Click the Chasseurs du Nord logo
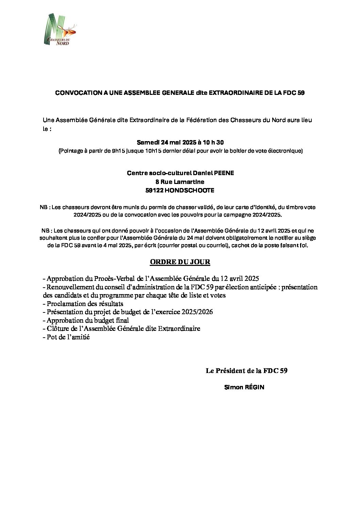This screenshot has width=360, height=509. pyautogui.click(x=60, y=30)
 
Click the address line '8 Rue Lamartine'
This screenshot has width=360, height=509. pyautogui.click(x=180, y=182)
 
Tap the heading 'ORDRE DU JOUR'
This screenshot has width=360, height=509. pyautogui.click(x=180, y=262)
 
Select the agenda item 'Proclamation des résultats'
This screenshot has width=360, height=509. pyautogui.click(x=85, y=304)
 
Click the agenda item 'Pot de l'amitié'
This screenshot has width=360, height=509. pyautogui.click(x=68, y=337)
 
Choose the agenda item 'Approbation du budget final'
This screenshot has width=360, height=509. pyautogui.click(x=87, y=320)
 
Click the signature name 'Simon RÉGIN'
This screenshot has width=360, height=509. pyautogui.click(x=244, y=387)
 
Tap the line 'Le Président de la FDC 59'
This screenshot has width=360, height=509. pyautogui.click(x=246, y=371)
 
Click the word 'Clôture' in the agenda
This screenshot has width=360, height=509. pyautogui.click(x=58, y=328)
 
